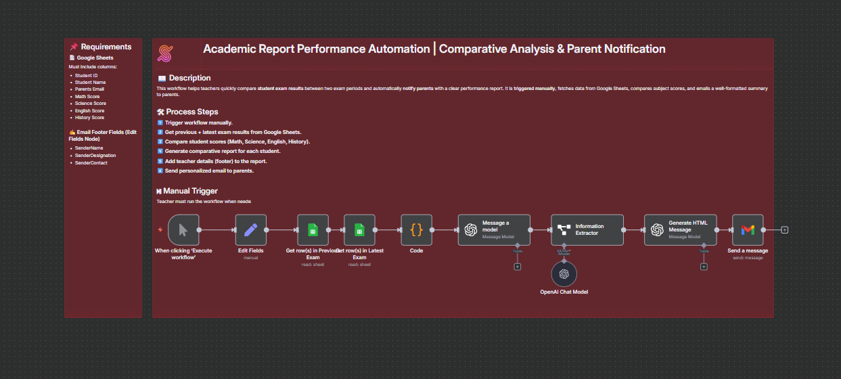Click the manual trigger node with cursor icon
click(x=183, y=229)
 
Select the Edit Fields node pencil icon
click(x=251, y=229)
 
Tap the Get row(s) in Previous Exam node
click(x=313, y=229)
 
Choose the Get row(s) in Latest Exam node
click(x=359, y=229)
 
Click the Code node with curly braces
click(x=416, y=229)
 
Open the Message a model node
click(x=494, y=229)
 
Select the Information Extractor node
click(x=587, y=229)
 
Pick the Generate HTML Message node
click(x=680, y=229)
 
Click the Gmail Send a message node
click(x=748, y=229)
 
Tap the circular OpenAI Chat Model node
click(x=564, y=274)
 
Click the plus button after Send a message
click(x=785, y=230)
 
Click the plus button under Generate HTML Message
click(x=704, y=267)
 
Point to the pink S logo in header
click(x=165, y=53)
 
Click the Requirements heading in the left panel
click(x=106, y=47)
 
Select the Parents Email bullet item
click(x=89, y=89)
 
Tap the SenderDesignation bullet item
click(x=95, y=156)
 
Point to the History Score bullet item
click(x=89, y=118)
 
